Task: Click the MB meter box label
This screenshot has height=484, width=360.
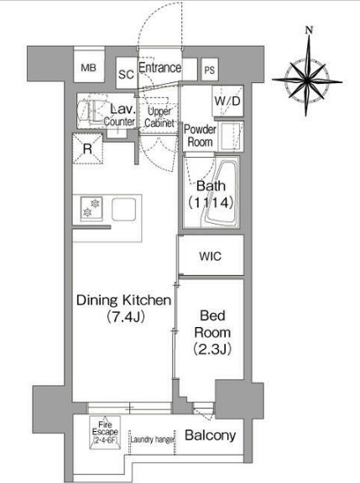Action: pyautogui.click(x=89, y=68)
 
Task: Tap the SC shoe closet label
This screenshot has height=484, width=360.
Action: pyautogui.click(x=126, y=75)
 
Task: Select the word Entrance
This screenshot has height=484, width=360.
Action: pyautogui.click(x=160, y=68)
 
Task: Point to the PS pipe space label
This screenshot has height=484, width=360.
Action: pyautogui.click(x=209, y=70)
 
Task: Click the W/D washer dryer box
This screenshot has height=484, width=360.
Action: pyautogui.click(x=228, y=101)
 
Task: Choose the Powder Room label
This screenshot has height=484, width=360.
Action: pyautogui.click(x=200, y=136)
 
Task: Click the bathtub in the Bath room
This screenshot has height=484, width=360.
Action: pyautogui.click(x=221, y=193)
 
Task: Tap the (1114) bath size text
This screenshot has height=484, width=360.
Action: pyautogui.click(x=211, y=202)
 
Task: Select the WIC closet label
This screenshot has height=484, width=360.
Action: pyautogui.click(x=211, y=256)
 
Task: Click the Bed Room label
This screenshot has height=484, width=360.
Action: pyautogui.click(x=212, y=324)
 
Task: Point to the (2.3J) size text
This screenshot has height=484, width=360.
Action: pyautogui.click(x=212, y=349)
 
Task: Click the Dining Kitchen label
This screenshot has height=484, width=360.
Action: pyautogui.click(x=123, y=300)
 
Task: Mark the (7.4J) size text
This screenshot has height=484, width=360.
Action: pyautogui.click(x=125, y=317)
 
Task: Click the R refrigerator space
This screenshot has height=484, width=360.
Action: pyautogui.click(x=87, y=148)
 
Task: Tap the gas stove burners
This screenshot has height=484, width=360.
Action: pyautogui.click(x=91, y=208)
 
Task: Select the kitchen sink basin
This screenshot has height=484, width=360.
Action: pyautogui.click(x=124, y=209)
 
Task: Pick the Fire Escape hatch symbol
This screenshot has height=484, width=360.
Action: pyautogui.click(x=105, y=433)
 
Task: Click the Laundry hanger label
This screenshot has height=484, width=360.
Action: pyautogui.click(x=153, y=440)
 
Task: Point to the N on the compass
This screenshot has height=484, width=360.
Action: pyautogui.click(x=309, y=30)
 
